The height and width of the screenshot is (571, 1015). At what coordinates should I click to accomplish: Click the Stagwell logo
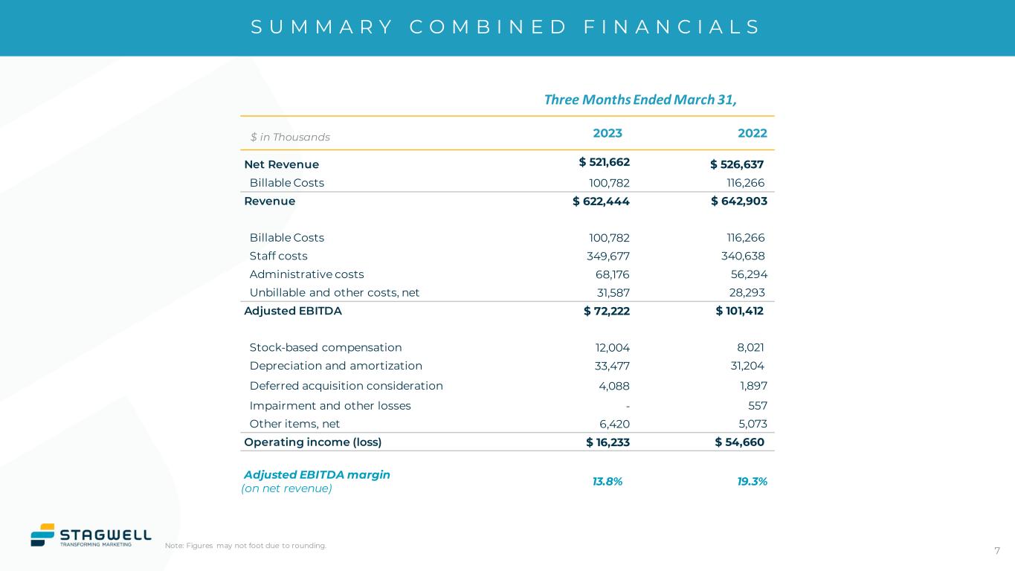click(x=91, y=535)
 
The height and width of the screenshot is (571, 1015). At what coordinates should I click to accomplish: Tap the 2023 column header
click(x=607, y=134)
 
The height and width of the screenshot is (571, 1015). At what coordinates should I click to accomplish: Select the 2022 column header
click(x=752, y=134)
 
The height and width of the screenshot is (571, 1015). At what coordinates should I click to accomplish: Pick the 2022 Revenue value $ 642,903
click(x=738, y=201)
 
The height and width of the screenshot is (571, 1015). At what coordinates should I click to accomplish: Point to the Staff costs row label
click(x=278, y=257)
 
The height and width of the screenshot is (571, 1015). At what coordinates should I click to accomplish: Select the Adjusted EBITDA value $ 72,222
click(x=606, y=311)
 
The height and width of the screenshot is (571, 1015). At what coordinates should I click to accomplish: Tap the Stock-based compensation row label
click(x=325, y=347)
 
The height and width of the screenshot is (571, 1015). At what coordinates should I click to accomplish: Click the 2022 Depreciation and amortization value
click(x=744, y=366)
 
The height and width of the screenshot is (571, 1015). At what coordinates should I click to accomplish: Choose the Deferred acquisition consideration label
click(x=346, y=386)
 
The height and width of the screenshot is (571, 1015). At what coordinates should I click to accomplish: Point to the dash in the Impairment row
click(x=628, y=406)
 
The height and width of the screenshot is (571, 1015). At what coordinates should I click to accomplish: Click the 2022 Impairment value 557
click(x=757, y=406)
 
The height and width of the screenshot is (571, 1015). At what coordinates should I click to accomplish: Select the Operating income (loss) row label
click(x=312, y=442)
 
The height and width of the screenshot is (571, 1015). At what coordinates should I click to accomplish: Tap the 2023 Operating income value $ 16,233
click(x=608, y=442)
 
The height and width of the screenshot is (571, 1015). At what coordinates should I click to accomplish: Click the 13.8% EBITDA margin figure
click(x=607, y=482)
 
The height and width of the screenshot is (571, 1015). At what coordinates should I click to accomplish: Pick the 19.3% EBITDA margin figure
click(x=752, y=482)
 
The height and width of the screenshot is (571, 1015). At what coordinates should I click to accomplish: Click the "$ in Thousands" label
click(x=290, y=138)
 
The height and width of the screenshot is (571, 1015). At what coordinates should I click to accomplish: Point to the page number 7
click(x=996, y=551)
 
